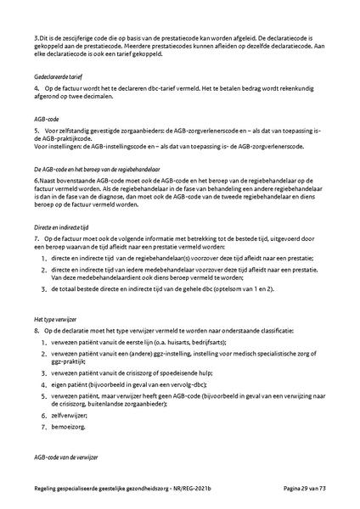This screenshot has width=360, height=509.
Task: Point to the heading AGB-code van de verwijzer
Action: pyautogui.click(x=66, y=457)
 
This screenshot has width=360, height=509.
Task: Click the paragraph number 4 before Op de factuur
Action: pyautogui.click(x=37, y=88)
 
